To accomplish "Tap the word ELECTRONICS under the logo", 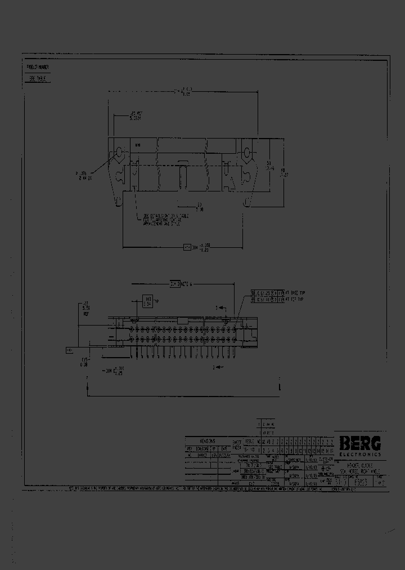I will coord(360,454).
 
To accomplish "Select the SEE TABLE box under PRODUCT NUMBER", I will coord(38,79).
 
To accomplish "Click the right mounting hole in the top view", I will coord(246,153).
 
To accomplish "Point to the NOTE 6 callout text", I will coord(186,285).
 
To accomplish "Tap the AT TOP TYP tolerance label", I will coord(294,300).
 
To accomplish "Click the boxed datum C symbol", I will coord(70,350).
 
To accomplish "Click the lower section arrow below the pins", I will coord(218,367).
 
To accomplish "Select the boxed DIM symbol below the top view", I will coord(187,247).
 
